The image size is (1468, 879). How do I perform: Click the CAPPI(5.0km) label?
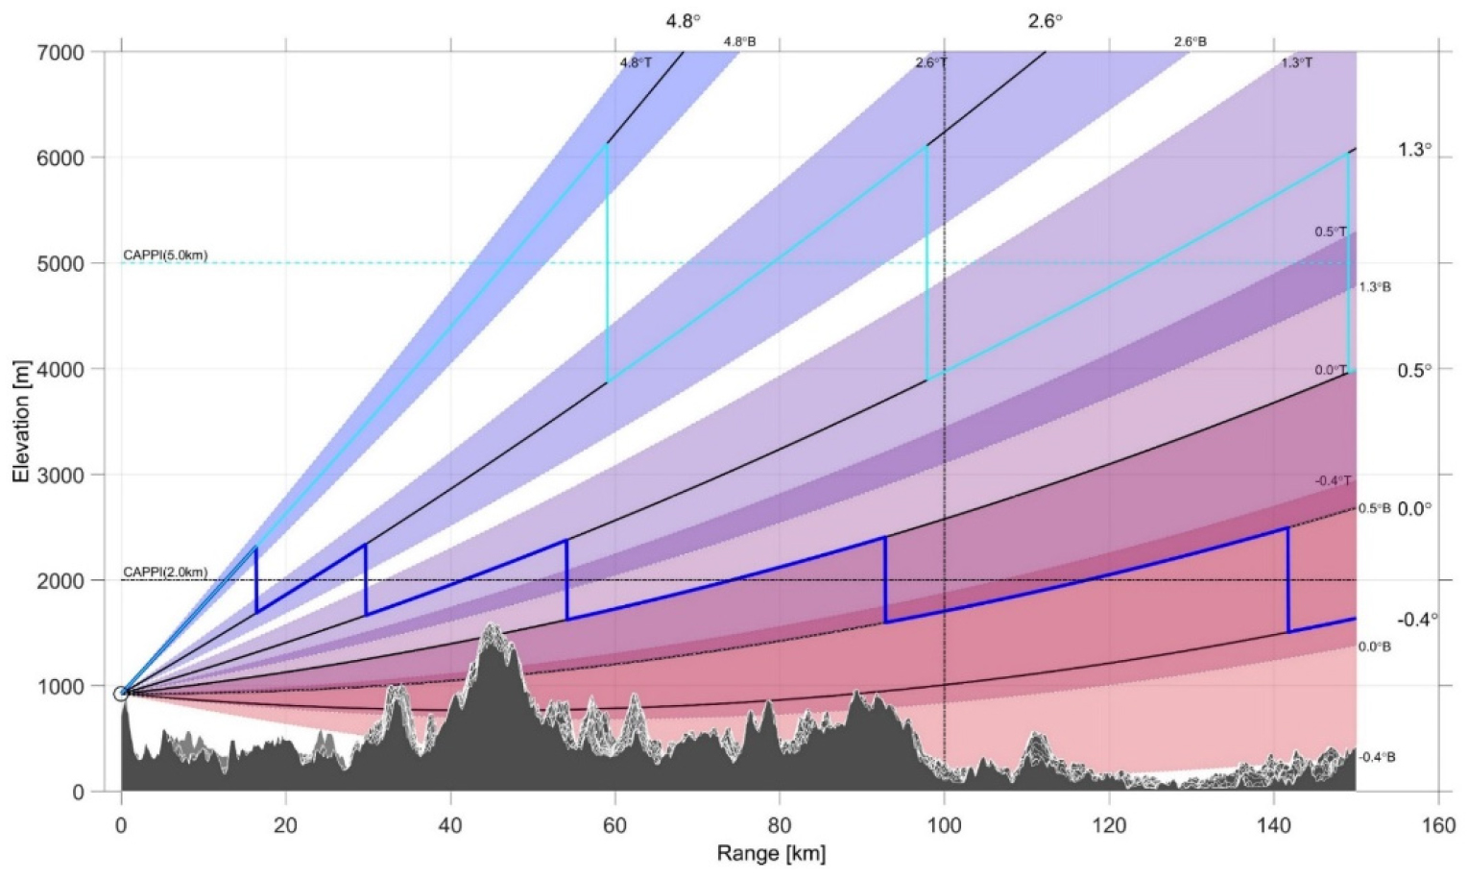point(165,256)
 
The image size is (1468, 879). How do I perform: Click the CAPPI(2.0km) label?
point(165,573)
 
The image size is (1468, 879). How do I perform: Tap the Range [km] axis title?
point(771,853)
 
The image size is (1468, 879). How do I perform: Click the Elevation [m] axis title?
point(20,422)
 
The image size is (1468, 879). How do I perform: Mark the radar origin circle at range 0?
point(121,694)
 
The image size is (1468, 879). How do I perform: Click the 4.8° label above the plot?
point(683,21)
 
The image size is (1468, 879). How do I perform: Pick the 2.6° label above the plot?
point(1046,21)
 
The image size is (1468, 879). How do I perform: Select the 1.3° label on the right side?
point(1413,150)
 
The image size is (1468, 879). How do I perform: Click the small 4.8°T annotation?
point(636,63)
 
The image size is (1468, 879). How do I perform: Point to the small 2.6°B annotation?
point(1190,42)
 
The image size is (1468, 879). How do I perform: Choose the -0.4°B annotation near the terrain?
point(1377,757)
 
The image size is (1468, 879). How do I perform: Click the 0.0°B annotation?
point(1374,647)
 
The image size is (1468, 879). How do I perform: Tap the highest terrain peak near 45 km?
point(492,626)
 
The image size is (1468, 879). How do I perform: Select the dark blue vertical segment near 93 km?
point(885,580)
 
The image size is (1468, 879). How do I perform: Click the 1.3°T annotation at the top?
point(1296,63)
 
